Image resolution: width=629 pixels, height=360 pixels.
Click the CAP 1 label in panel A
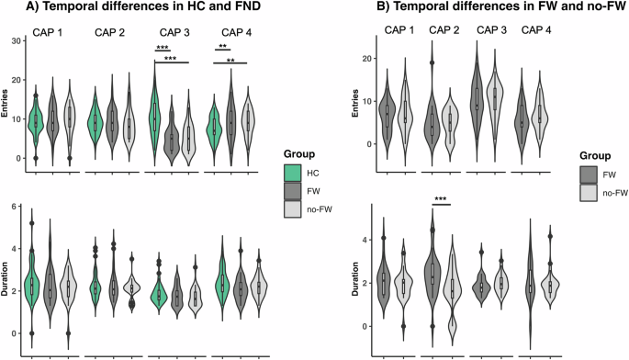click(x=50, y=35)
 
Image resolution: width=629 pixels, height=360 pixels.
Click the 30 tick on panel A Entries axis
click(x=16, y=42)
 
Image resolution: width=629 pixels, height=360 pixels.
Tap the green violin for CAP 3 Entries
click(x=155, y=115)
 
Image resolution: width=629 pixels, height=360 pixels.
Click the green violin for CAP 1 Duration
click(x=33, y=280)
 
